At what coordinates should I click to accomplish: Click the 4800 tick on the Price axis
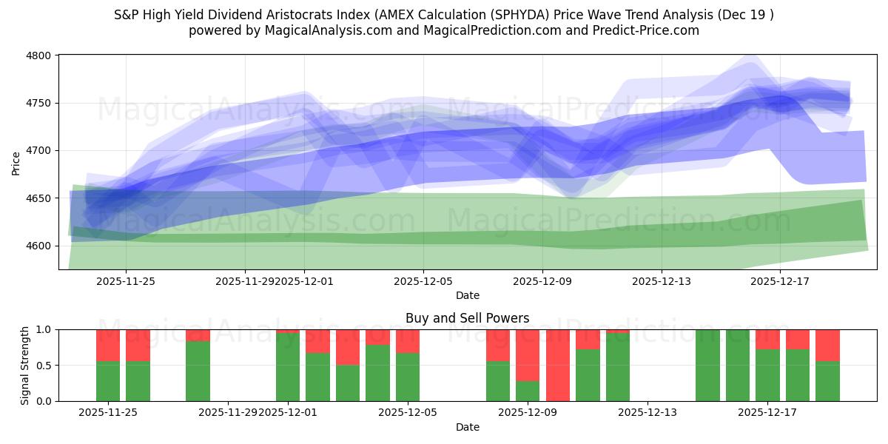pyautogui.click(x=41, y=55)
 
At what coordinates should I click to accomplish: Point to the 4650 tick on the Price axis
pyautogui.click(x=41, y=198)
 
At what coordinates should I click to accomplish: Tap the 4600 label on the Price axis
pyautogui.click(x=41, y=246)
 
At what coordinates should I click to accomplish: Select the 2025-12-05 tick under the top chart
pyautogui.click(x=423, y=281)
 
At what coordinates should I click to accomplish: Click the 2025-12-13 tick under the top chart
pyautogui.click(x=662, y=281)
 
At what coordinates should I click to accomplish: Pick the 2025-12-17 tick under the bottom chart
pyautogui.click(x=767, y=412)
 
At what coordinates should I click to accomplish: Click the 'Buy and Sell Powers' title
pyautogui.click(x=467, y=318)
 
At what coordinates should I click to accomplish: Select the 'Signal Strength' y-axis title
pyautogui.click(x=26, y=365)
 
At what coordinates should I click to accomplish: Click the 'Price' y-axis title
pyautogui.click(x=16, y=162)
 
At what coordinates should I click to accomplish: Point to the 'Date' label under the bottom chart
pyautogui.click(x=467, y=427)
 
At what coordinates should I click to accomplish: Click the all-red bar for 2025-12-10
pyautogui.click(x=558, y=365)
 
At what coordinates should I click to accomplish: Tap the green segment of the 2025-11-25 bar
pyautogui.click(x=108, y=381)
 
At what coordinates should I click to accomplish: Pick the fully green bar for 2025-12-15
pyautogui.click(x=707, y=365)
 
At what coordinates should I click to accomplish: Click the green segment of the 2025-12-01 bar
pyautogui.click(x=288, y=367)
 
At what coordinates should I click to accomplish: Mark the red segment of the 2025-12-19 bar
pyautogui.click(x=827, y=345)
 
